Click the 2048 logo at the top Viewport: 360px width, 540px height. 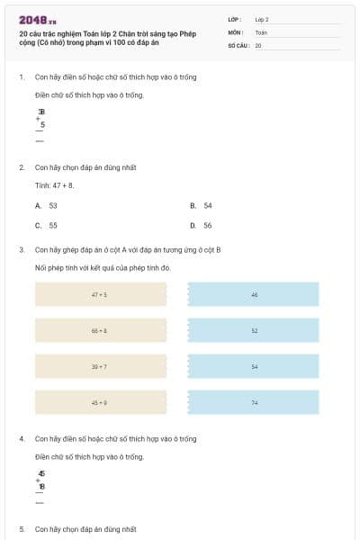(x=37, y=19)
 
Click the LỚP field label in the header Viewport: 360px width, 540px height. (x=235, y=19)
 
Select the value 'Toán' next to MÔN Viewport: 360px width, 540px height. (x=261, y=31)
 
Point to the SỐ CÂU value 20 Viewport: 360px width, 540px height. (x=258, y=44)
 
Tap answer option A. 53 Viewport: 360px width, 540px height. (x=47, y=205)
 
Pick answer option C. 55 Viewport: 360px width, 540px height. (x=47, y=225)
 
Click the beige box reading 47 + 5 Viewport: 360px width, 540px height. (x=100, y=294)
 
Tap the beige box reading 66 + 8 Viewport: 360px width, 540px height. (x=100, y=331)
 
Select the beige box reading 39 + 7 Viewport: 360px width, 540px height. (x=100, y=366)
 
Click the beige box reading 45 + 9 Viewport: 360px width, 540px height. (x=100, y=402)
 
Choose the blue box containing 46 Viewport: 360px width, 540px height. (x=254, y=294)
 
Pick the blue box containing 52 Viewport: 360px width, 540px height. (x=254, y=331)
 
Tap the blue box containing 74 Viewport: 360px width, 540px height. (x=254, y=402)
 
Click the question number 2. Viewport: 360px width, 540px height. (x=22, y=167)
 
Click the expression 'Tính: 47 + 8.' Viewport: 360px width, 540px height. (x=55, y=185)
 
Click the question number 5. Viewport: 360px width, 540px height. (x=22, y=528)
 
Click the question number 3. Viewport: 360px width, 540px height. (x=22, y=249)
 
